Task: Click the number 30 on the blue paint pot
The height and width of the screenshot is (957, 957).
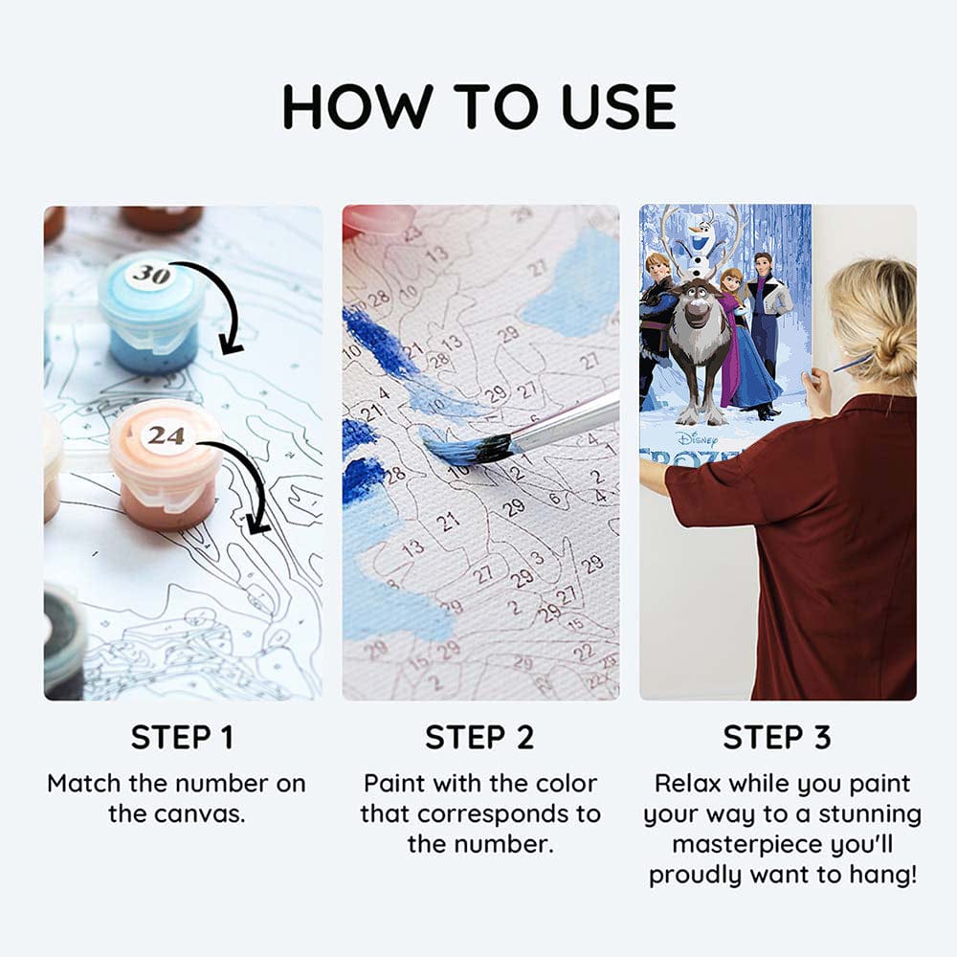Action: click(150, 276)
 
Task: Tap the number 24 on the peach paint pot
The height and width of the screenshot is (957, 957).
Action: click(166, 435)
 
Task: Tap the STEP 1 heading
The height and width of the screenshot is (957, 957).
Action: click(182, 738)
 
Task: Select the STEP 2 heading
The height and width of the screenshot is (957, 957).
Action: click(479, 738)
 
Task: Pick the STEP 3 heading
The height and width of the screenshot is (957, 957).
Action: click(777, 738)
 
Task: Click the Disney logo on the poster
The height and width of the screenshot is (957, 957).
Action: click(696, 438)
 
